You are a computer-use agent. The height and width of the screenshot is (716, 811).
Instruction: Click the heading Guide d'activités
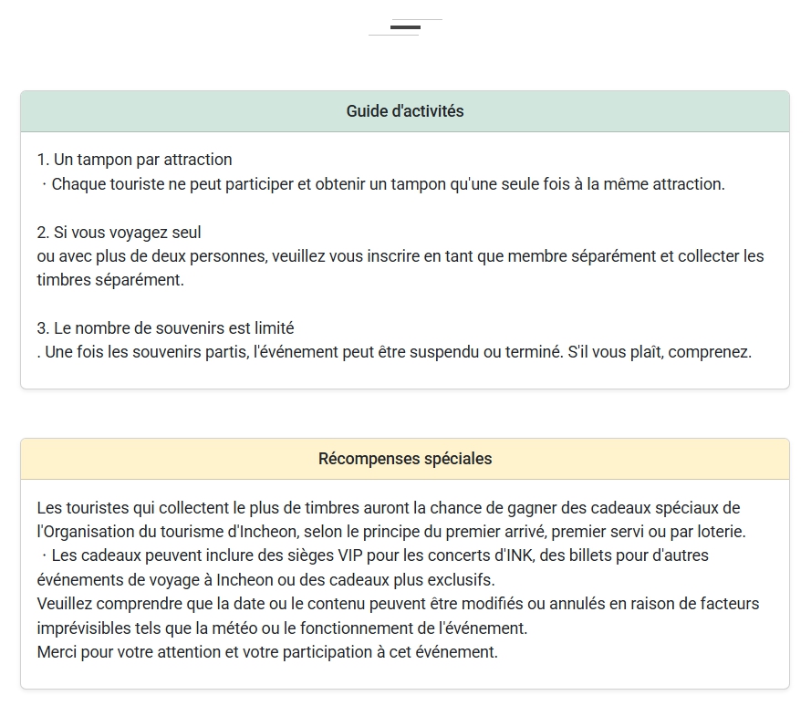click(x=405, y=111)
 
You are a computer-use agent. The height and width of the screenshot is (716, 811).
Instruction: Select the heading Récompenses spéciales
click(x=405, y=459)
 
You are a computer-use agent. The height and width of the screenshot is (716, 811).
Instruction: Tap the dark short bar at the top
click(x=405, y=27)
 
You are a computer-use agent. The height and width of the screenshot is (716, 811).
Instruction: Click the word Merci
click(x=57, y=652)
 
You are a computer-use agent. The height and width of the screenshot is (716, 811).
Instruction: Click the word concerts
click(x=434, y=555)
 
